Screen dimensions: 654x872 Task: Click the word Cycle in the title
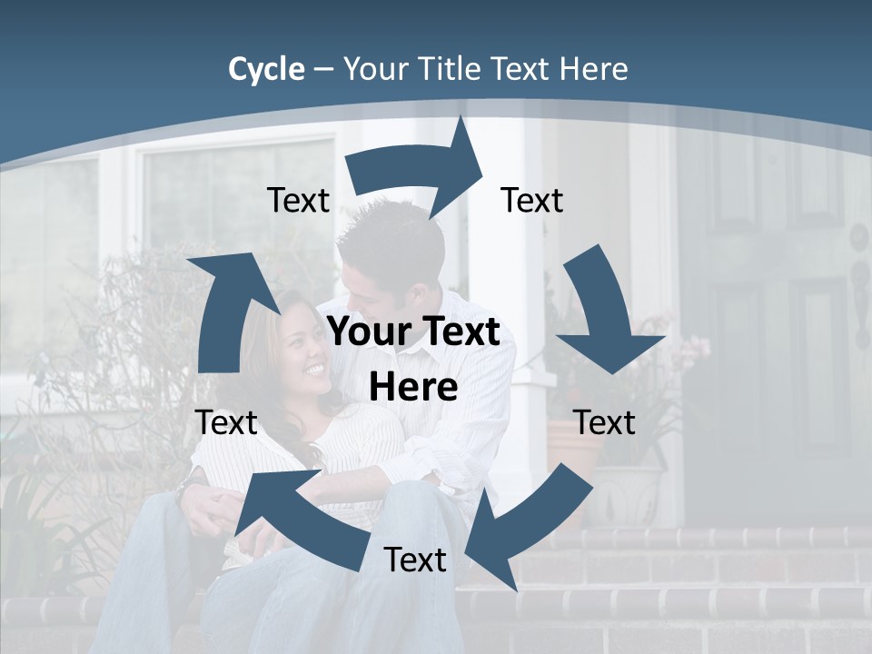point(266,69)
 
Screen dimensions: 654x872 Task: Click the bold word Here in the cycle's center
point(412,388)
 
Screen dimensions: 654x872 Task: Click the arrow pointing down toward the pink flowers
point(604,318)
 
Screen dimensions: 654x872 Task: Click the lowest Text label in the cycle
point(415,560)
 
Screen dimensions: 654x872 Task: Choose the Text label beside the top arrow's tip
point(532,200)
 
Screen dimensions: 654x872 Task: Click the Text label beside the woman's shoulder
point(226,422)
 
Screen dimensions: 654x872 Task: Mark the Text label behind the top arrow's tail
point(298,200)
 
